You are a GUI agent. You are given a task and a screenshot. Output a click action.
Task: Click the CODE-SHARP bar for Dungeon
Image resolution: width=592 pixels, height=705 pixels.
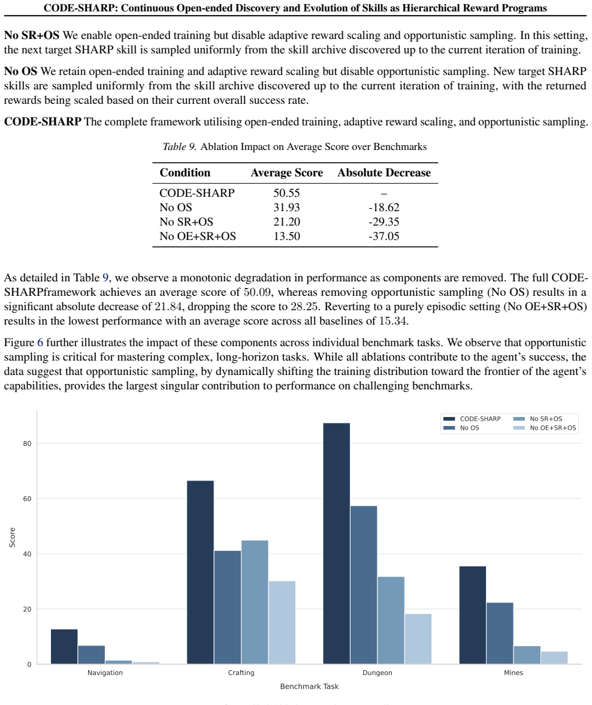tap(336, 543)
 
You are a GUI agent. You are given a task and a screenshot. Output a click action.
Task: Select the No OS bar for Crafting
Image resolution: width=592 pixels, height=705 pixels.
tap(227, 607)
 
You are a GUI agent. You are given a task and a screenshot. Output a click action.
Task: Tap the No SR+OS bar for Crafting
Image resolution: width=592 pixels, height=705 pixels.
tap(255, 602)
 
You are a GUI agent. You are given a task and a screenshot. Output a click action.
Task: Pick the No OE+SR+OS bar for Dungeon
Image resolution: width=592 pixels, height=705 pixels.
tap(418, 639)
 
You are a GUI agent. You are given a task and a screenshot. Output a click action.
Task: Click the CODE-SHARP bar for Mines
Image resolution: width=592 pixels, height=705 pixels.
tap(473, 615)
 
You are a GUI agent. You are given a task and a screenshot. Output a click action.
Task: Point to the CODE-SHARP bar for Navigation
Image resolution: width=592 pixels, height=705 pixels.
tap(64, 647)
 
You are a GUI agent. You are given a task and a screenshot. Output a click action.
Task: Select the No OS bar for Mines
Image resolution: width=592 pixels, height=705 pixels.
tap(500, 633)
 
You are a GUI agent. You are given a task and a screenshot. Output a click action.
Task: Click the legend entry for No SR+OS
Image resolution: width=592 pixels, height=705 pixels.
tap(537, 419)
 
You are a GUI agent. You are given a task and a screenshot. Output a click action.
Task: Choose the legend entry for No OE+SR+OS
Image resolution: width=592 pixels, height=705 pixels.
tap(545, 428)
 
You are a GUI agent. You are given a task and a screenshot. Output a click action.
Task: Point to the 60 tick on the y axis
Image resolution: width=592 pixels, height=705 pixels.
tap(28, 499)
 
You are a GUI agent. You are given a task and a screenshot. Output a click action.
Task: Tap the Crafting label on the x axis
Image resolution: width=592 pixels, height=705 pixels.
tap(241, 673)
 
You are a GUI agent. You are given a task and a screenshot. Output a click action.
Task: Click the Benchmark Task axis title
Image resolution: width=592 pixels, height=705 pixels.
tap(309, 686)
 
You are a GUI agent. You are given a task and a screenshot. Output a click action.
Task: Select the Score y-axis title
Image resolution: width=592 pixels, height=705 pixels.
tap(13, 537)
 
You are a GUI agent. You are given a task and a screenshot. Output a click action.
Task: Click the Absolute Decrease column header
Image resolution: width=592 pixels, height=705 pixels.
tap(384, 173)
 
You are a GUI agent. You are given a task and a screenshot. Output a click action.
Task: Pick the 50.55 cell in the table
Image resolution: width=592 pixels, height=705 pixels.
tap(286, 193)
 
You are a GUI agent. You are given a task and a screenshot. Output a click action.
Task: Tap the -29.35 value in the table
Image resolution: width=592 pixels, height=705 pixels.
tap(384, 221)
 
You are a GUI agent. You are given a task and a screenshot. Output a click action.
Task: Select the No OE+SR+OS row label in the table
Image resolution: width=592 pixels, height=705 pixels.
tap(198, 236)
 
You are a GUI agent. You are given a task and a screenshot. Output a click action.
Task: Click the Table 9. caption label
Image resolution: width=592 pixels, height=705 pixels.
tap(180, 146)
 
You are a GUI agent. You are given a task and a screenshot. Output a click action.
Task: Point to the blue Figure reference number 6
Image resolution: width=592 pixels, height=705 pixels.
tap(40, 343)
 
